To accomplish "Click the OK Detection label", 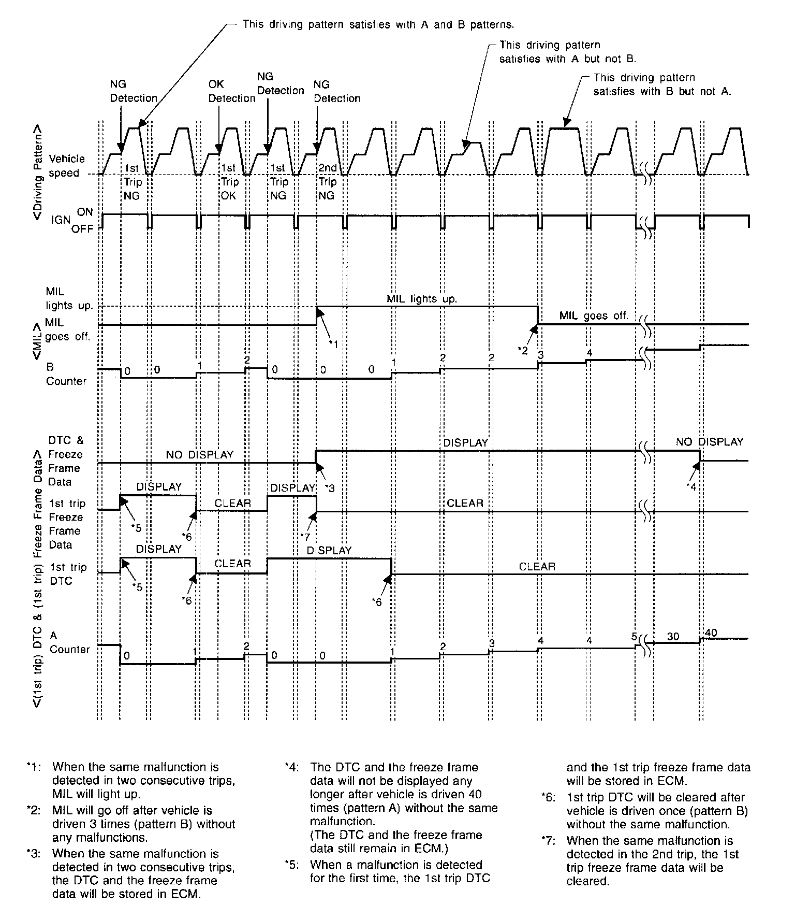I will point(231,91).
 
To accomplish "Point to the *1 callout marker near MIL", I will point(334,344).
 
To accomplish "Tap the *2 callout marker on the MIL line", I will point(523,351).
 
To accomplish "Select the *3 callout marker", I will point(330,488).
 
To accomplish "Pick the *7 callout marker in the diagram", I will point(305,536).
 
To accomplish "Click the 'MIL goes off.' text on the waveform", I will point(594,315).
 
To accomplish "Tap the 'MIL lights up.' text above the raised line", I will point(422,299).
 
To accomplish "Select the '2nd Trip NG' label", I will point(327,182).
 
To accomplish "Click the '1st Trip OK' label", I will point(229,182).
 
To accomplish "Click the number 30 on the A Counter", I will point(673,636).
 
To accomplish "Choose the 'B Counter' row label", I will point(66,374).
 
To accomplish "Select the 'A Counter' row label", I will point(68,642).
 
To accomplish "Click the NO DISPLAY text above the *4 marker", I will point(709,442).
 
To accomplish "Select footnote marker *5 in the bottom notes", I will point(292,865).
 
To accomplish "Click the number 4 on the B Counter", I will point(588,353).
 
